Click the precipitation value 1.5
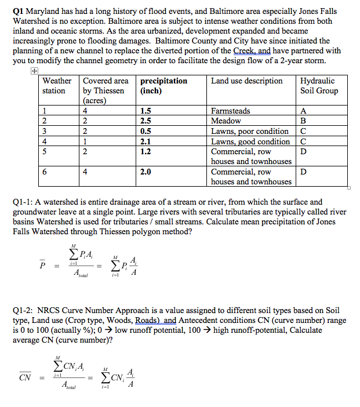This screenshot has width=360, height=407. [x=146, y=111]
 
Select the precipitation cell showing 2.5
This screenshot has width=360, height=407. [x=146, y=121]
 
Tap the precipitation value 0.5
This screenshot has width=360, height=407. [x=146, y=131]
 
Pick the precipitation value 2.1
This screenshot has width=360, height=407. [x=146, y=141]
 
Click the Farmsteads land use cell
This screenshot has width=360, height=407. [x=231, y=111]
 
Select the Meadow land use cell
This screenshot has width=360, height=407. [x=226, y=121]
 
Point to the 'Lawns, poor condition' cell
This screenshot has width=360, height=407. [x=250, y=131]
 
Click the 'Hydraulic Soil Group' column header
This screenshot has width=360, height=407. [x=319, y=86]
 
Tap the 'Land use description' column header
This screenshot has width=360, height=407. [x=247, y=81]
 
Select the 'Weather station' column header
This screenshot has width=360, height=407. [x=57, y=86]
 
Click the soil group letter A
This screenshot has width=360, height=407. [x=304, y=111]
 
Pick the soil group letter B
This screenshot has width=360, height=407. [x=304, y=121]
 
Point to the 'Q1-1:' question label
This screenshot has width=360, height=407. [x=23, y=202]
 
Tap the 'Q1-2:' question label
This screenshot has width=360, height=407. [x=23, y=310]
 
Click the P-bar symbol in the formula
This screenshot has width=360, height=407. [x=42, y=266]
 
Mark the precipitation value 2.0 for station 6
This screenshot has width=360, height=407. [x=146, y=172]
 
